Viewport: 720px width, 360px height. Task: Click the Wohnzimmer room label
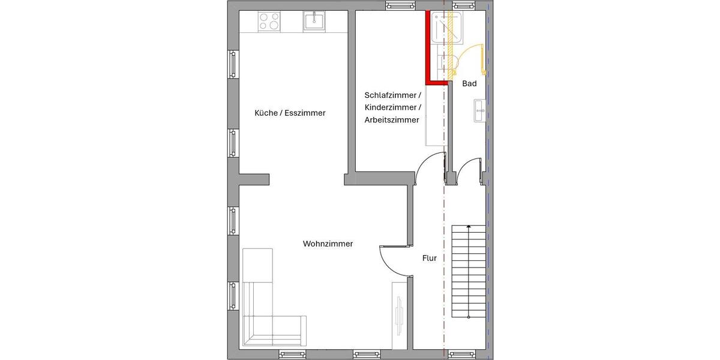[328, 244]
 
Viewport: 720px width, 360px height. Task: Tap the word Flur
[429, 258]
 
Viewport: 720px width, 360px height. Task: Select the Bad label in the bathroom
[469, 84]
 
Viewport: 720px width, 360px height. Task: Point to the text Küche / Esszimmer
[290, 113]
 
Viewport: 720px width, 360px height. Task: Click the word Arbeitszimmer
[391, 121]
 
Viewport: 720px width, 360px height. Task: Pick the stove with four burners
[269, 22]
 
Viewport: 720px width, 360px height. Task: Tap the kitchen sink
[314, 22]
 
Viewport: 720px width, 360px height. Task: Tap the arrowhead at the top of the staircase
[469, 227]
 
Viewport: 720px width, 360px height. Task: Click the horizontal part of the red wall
[437, 83]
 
